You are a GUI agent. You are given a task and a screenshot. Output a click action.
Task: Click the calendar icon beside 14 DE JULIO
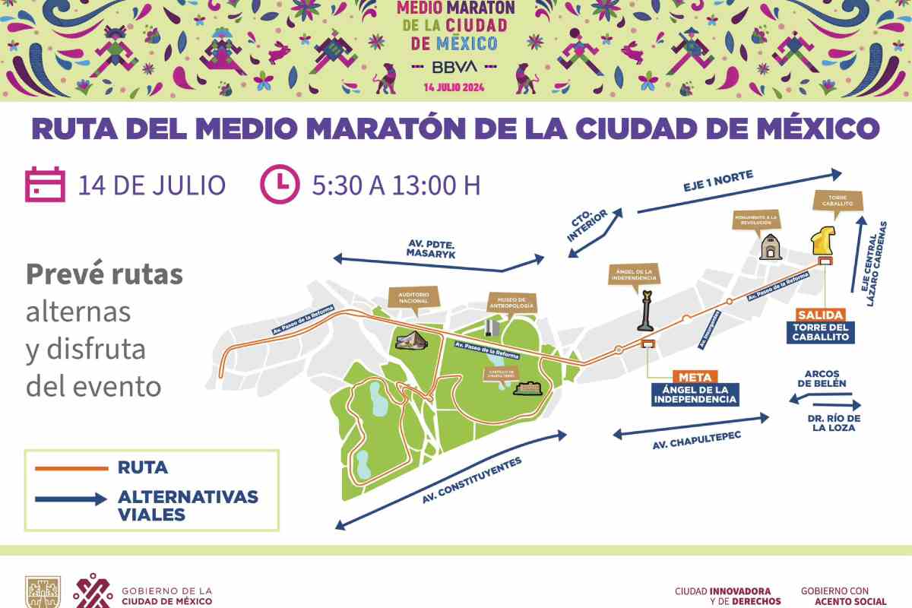click(46, 185)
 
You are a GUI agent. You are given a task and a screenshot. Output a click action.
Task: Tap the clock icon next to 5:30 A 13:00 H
click(279, 185)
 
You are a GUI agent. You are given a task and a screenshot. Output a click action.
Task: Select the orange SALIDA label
click(820, 315)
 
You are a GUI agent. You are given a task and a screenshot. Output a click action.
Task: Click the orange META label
click(695, 375)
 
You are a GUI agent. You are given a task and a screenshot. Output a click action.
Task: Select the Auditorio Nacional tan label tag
click(413, 297)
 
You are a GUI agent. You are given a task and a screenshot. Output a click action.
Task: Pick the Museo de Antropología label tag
click(511, 302)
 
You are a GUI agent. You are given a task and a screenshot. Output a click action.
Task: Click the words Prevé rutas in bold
click(104, 274)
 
